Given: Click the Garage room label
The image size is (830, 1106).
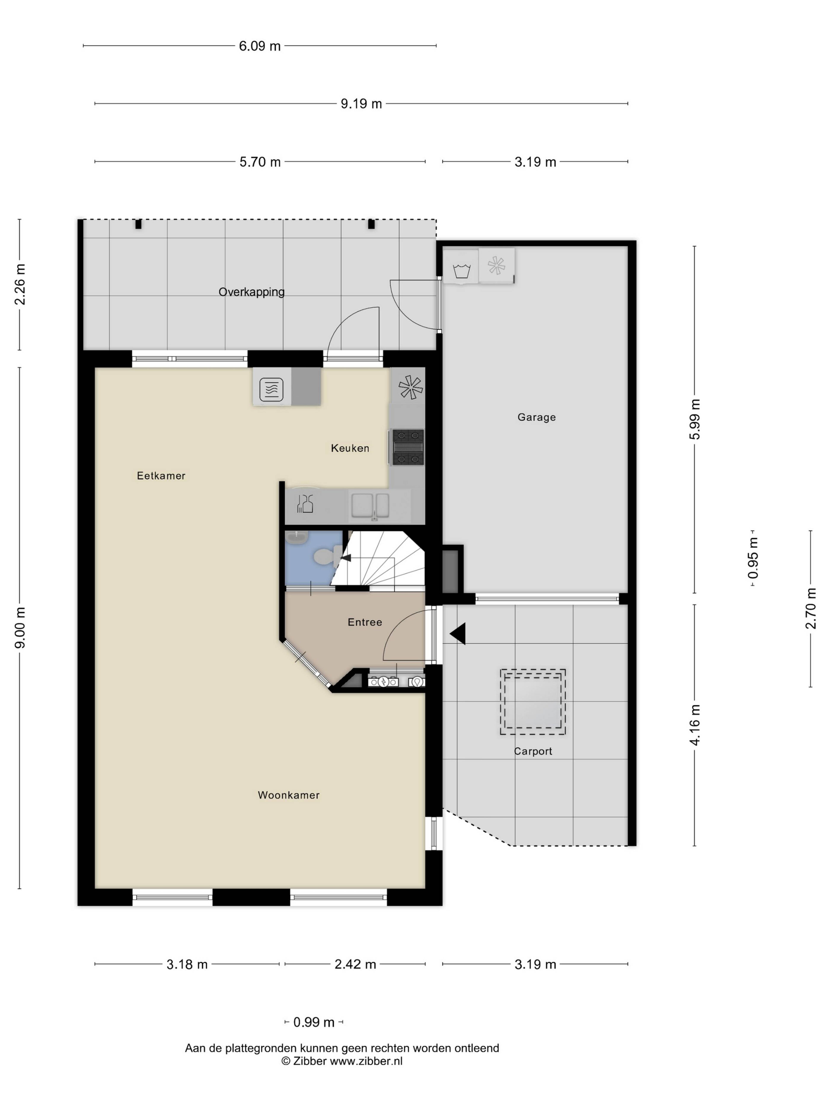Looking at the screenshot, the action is point(536,417).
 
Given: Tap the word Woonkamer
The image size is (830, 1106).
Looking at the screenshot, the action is point(289,795).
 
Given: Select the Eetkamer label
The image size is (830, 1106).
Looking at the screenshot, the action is point(161,475).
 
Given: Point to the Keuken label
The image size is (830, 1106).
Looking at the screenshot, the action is point(350,448).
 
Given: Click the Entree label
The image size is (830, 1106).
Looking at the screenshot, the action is point(365,622).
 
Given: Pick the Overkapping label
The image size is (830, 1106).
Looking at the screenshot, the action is point(252,292).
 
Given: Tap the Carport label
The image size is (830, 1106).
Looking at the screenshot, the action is point(533,751).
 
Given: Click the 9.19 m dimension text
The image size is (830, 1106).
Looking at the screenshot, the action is point(361,103).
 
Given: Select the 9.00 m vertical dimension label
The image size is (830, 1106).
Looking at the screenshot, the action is point(20,628).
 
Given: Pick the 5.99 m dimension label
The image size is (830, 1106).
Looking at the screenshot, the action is point(695,419).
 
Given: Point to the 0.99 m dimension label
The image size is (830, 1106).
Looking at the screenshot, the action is point(314,1022).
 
